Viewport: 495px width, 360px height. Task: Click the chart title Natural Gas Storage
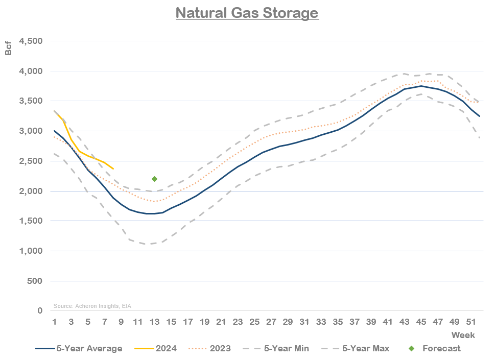(x=247, y=12)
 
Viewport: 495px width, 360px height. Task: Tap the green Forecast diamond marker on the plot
(x=154, y=179)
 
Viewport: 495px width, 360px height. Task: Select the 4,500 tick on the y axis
(x=31, y=41)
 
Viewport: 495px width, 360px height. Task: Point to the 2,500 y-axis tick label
(x=31, y=161)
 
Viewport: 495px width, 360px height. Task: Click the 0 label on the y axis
(x=39, y=311)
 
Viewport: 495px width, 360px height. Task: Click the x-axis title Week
(x=463, y=335)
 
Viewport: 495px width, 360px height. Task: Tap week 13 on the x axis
(x=154, y=322)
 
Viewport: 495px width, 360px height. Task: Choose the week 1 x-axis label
(x=54, y=322)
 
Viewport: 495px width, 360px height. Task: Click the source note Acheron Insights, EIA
(x=91, y=306)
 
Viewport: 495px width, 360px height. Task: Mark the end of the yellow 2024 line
(x=113, y=169)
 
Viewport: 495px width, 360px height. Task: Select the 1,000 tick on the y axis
(x=31, y=251)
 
